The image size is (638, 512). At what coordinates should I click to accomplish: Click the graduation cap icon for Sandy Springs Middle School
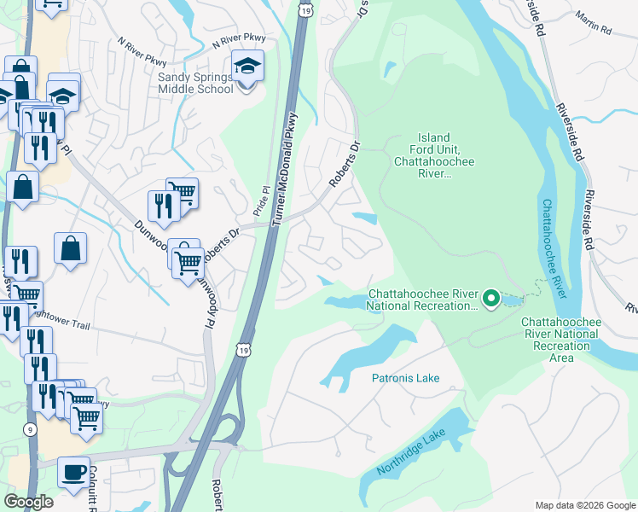click(246, 67)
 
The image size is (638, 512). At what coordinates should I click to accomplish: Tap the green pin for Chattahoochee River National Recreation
click(490, 299)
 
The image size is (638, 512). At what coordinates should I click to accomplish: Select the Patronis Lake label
click(404, 376)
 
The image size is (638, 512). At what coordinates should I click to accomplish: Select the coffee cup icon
click(74, 472)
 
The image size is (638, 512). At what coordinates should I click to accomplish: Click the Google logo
click(28, 502)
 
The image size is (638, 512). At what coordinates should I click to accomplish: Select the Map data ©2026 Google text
click(584, 505)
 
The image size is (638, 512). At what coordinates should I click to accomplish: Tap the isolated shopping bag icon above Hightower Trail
click(71, 249)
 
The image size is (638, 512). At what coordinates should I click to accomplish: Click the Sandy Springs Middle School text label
click(195, 82)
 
